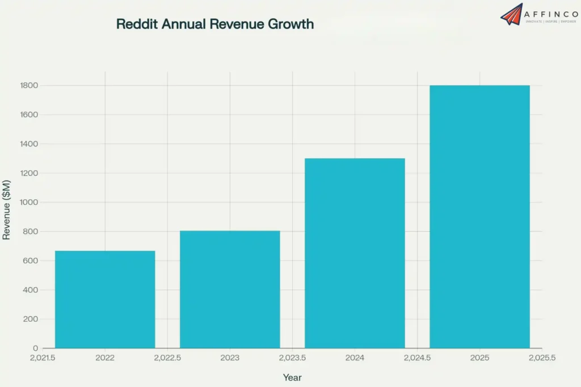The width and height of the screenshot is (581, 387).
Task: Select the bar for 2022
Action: (105, 299)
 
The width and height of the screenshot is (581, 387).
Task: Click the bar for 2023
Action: (230, 289)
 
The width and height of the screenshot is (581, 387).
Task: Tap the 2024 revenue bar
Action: (355, 253)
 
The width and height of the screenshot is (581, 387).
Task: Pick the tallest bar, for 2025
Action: (479, 216)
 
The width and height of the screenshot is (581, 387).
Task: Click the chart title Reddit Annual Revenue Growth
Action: (215, 24)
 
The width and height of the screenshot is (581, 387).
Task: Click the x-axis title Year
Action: (292, 377)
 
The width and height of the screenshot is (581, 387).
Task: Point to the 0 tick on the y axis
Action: (36, 348)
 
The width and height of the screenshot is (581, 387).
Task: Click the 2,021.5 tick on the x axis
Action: (43, 358)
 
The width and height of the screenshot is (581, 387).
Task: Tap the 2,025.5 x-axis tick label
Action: (542, 358)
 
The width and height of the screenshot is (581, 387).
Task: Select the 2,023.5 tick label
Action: (292, 358)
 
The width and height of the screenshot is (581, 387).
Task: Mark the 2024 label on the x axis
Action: (355, 358)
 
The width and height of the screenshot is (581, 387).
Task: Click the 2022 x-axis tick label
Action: (105, 358)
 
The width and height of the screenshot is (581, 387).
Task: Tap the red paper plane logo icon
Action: (512, 14)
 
